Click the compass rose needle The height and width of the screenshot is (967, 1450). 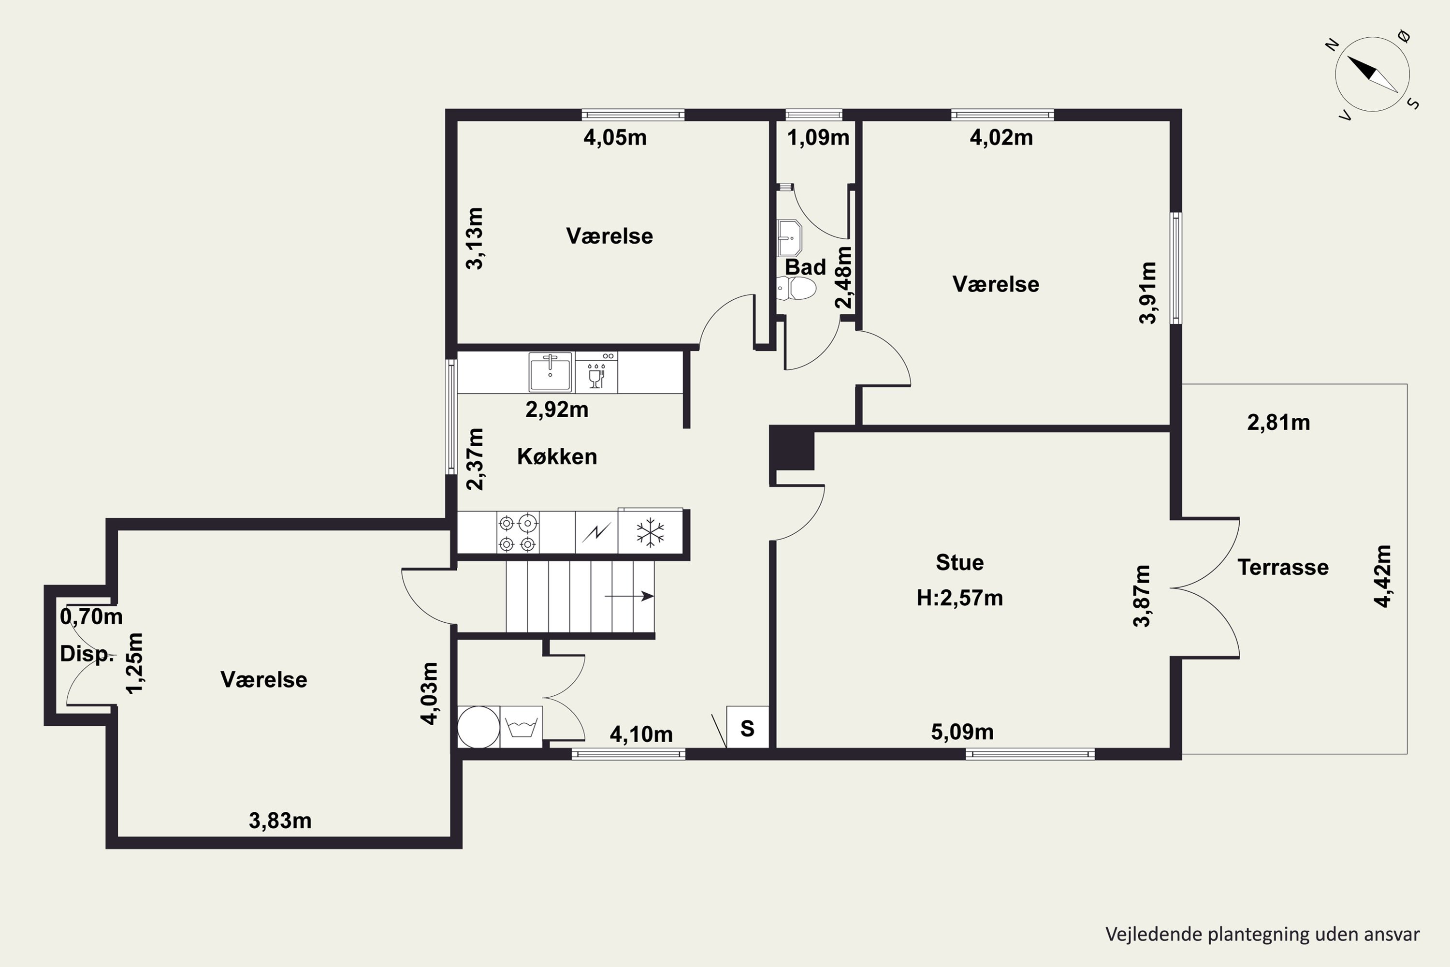1372,74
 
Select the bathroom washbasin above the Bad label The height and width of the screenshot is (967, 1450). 789,238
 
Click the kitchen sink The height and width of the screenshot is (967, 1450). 551,371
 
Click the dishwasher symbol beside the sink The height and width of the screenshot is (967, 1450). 596,372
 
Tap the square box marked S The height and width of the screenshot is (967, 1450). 748,728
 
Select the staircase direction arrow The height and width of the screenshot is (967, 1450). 629,596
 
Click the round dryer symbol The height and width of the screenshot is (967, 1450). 478,727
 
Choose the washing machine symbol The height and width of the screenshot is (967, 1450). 522,727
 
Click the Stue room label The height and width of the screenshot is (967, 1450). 960,562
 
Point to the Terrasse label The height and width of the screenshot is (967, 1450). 1283,567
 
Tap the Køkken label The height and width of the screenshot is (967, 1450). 557,456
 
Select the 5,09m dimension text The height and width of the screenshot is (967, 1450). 962,732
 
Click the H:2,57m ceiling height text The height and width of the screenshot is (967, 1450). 960,598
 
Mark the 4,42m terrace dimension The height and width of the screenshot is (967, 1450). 1383,576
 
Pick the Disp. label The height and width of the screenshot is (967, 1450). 87,654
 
